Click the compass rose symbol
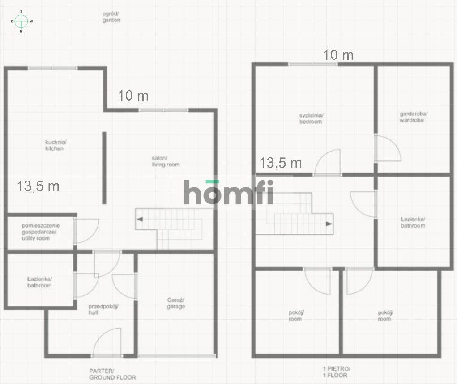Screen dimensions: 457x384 (x=21, y=21)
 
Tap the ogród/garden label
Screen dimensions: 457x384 (x=111, y=17)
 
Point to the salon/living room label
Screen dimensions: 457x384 (x=166, y=161)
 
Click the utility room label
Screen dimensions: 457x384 (x=41, y=232)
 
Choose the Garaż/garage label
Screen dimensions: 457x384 (x=176, y=303)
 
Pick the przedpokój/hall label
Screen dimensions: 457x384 (x=103, y=309)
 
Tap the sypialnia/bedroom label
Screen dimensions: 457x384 (x=311, y=118)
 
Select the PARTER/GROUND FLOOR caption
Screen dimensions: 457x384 (x=112, y=375)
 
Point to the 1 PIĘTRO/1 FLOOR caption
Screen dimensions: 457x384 (x=336, y=372)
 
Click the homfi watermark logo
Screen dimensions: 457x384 (x=228, y=192)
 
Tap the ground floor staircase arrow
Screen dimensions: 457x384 (x=140, y=219)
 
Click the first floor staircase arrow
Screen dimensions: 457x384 (x=329, y=224)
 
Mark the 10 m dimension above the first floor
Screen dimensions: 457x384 (x=338, y=55)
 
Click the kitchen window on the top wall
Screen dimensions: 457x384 (x=53, y=68)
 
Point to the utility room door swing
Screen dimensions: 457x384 (x=87, y=231)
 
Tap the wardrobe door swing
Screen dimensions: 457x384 (x=388, y=148)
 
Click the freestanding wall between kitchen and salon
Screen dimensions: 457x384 (x=104, y=168)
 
